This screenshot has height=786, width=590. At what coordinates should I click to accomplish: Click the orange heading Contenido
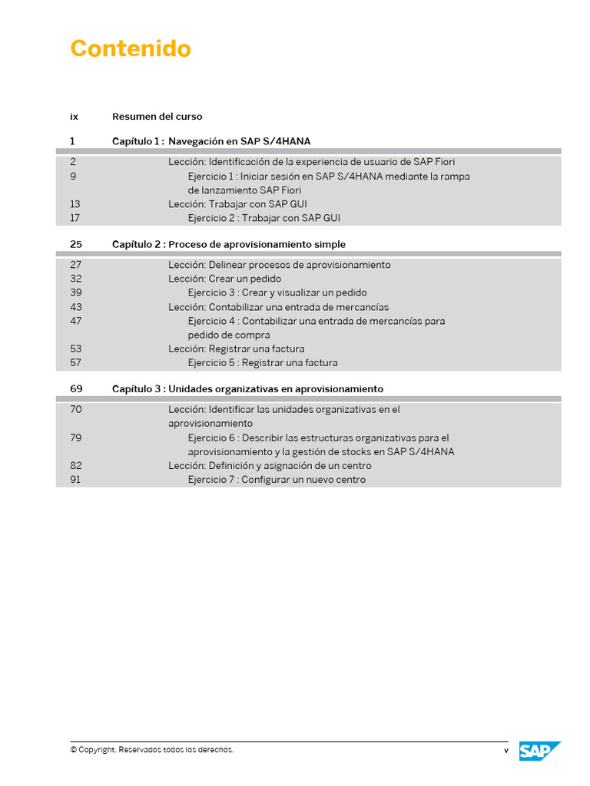pos(131,48)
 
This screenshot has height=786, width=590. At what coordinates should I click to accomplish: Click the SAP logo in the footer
pos(539,751)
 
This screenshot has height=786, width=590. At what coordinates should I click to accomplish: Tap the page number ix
pos(74,117)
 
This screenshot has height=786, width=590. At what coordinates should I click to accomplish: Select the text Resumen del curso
pos(157,117)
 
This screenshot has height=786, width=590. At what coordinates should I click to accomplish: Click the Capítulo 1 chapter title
pos(211,141)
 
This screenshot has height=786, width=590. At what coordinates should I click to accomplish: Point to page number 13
pos(75,204)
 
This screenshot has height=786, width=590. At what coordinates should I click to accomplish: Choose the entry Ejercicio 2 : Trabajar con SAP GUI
pos(264,218)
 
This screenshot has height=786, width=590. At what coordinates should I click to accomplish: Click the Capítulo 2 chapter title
pos(229,244)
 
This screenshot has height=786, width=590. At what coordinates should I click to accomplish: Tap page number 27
pos(75,265)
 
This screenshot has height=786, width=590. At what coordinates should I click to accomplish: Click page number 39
pos(75,292)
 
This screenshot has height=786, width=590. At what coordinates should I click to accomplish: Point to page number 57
pos(75,362)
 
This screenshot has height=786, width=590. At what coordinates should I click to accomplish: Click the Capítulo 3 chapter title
pos(247,389)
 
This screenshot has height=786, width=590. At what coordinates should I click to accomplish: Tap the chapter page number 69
pos(76,389)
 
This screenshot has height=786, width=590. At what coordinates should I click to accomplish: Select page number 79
pos(75,438)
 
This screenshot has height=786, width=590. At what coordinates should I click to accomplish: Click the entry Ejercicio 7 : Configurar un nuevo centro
pos(277,480)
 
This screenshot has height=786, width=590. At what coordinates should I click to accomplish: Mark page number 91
pos(75,480)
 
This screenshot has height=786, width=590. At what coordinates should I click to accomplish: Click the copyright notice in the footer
pos(152,750)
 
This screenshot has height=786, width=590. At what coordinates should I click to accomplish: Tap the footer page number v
pos(505,751)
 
